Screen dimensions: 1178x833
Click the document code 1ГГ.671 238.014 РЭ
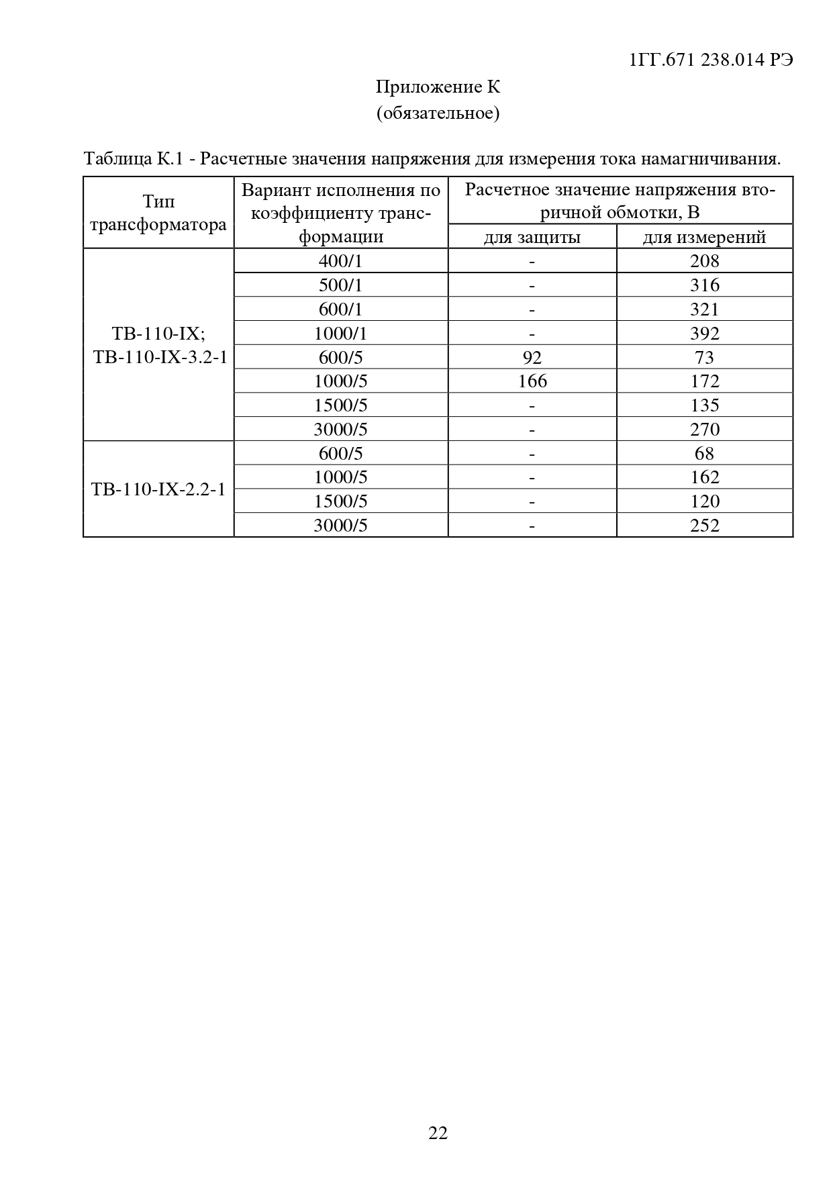pyautogui.click(x=712, y=60)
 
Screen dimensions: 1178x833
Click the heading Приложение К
pyautogui.click(x=438, y=87)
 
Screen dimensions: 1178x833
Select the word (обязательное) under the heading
pyautogui.click(x=438, y=113)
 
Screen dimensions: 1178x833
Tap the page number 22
pyautogui.click(x=438, y=1133)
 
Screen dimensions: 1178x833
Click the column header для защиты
pyautogui.click(x=532, y=237)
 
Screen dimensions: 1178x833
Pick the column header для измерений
pyautogui.click(x=704, y=237)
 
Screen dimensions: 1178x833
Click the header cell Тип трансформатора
pyautogui.click(x=158, y=213)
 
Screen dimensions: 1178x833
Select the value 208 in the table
pyautogui.click(x=704, y=261)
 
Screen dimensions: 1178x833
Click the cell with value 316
pyautogui.click(x=704, y=285)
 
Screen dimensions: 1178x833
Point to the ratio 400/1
pyautogui.click(x=340, y=261)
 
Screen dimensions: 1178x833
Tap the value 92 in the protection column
pyautogui.click(x=532, y=357)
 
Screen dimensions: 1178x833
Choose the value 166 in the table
pyautogui.click(x=532, y=381)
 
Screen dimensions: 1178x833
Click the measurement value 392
pyautogui.click(x=704, y=334)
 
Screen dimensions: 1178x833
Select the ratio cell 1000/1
pyautogui.click(x=340, y=334)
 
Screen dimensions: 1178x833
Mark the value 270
pyautogui.click(x=704, y=430)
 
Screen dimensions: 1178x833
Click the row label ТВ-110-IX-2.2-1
pyautogui.click(x=158, y=489)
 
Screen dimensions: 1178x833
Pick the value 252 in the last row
pyautogui.click(x=704, y=526)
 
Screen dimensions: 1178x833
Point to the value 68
pyautogui.click(x=704, y=454)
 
